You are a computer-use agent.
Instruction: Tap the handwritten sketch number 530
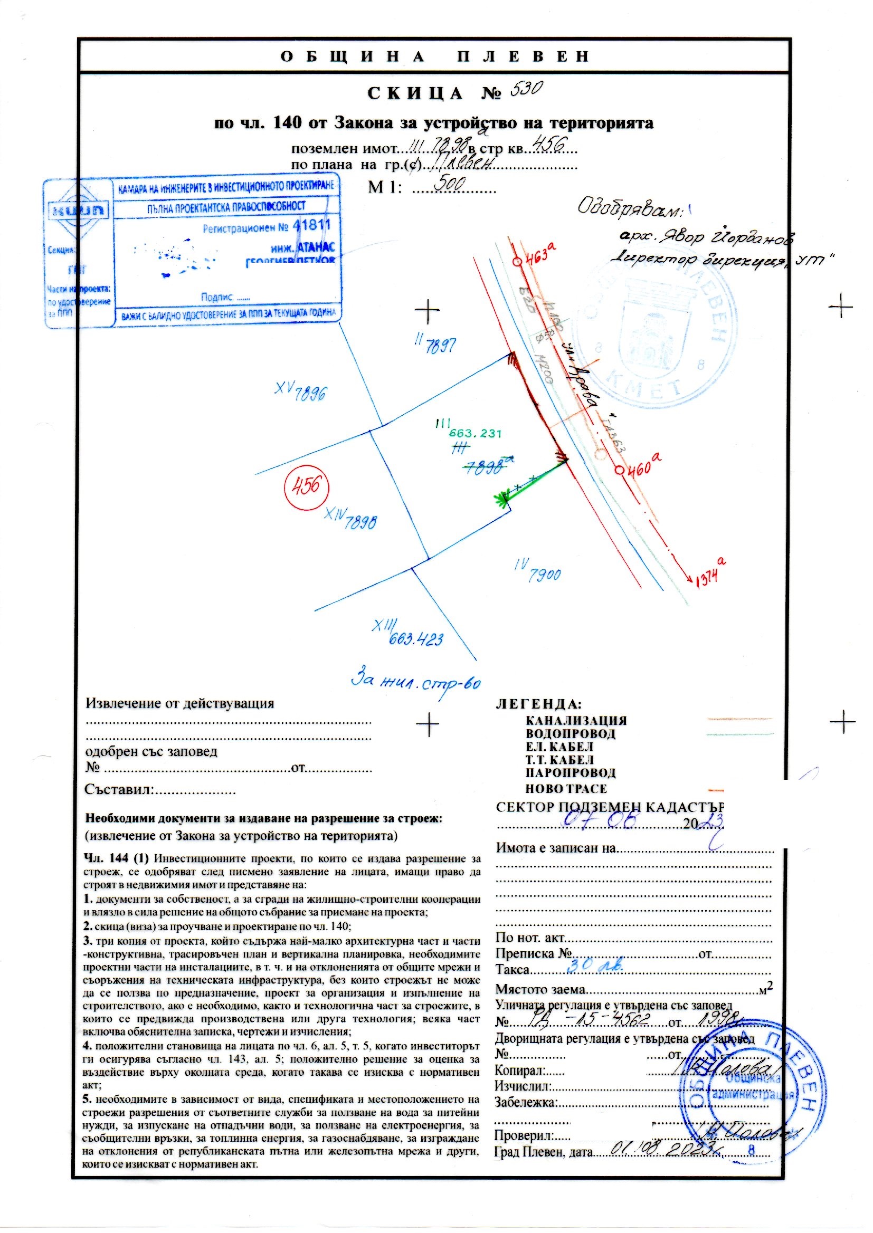[527, 89]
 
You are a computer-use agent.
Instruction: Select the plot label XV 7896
[300, 390]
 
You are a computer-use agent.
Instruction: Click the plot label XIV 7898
[350, 519]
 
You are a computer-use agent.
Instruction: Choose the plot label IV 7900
[537, 571]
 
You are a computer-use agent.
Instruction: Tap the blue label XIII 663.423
[409, 634]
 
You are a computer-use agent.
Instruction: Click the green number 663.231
[475, 434]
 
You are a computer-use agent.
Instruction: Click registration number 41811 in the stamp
[312, 225]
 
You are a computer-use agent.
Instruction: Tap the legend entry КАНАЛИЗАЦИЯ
[576, 721]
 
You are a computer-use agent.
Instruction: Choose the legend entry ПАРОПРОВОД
[571, 772]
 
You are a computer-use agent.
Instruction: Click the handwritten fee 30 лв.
[595, 964]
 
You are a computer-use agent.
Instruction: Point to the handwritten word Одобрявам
[629, 208]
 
